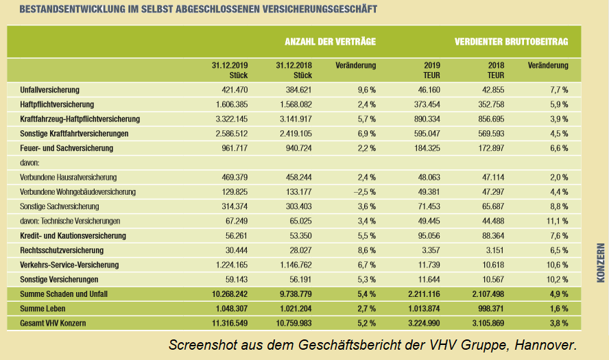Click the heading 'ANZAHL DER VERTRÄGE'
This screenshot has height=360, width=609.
coord(330,42)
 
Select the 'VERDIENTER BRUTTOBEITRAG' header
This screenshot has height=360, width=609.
coord(511,42)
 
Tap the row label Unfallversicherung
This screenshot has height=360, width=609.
coord(51,90)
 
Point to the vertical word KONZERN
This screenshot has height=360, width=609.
coord(600,263)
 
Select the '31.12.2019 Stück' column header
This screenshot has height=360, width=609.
coord(230,70)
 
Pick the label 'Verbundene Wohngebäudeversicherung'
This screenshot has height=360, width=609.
coord(79,191)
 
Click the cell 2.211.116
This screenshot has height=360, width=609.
coord(422,294)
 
